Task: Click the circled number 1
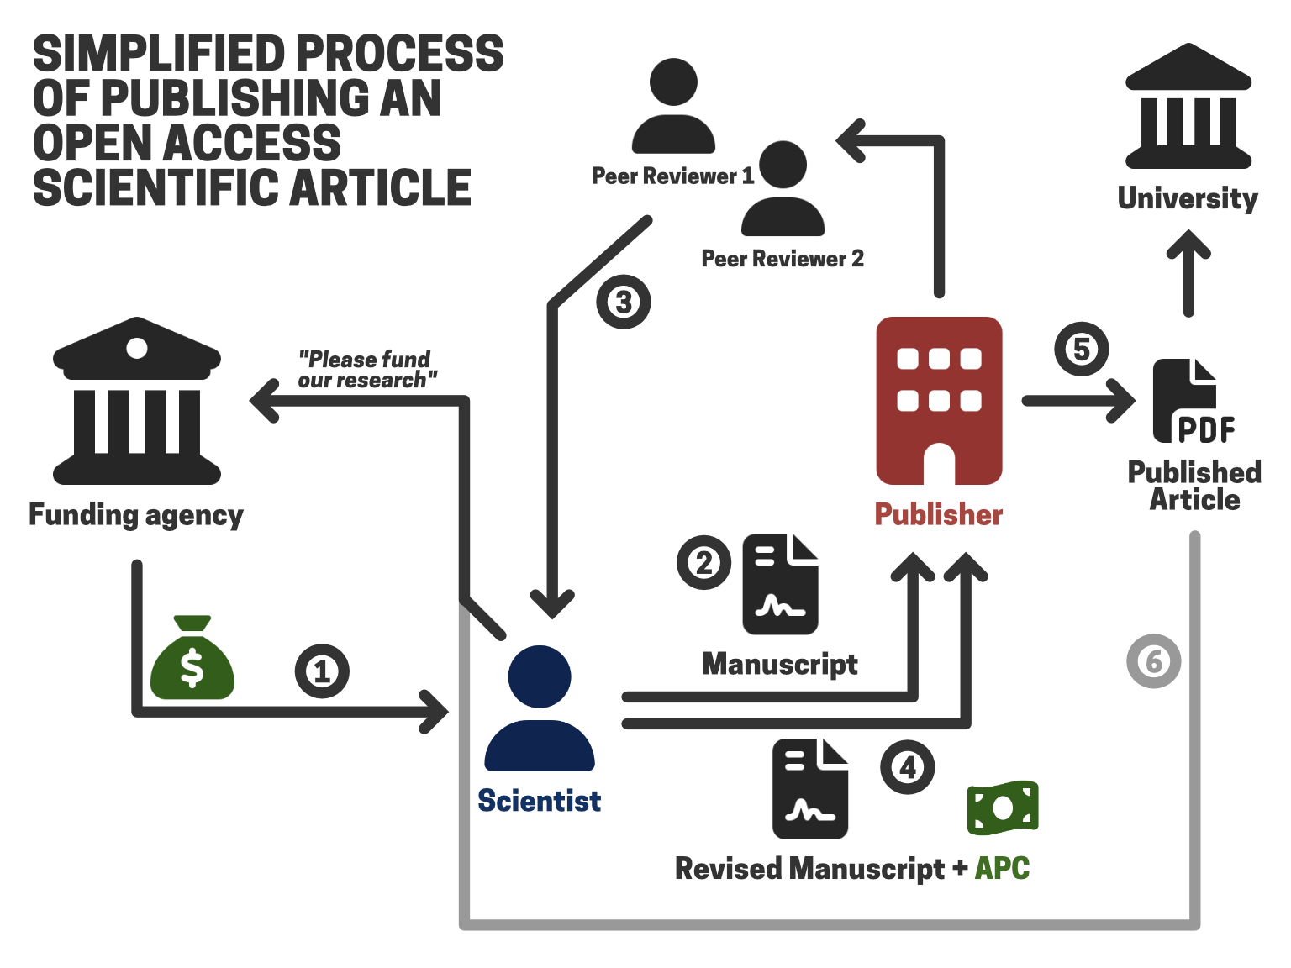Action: click(x=322, y=671)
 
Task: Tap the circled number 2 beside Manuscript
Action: click(x=704, y=562)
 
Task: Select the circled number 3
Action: click(x=624, y=302)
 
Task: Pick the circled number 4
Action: click(x=908, y=766)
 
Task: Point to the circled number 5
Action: click(x=1082, y=349)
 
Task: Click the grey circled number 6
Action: click(x=1154, y=661)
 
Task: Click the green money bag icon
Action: click(x=192, y=660)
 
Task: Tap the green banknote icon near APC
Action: click(x=1003, y=808)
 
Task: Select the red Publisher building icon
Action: click(x=939, y=401)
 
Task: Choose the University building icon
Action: click(x=1188, y=107)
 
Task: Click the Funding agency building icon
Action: click(x=137, y=401)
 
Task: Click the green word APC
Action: click(x=1002, y=868)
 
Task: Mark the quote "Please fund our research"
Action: click(x=366, y=370)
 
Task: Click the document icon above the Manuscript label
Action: click(x=780, y=584)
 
